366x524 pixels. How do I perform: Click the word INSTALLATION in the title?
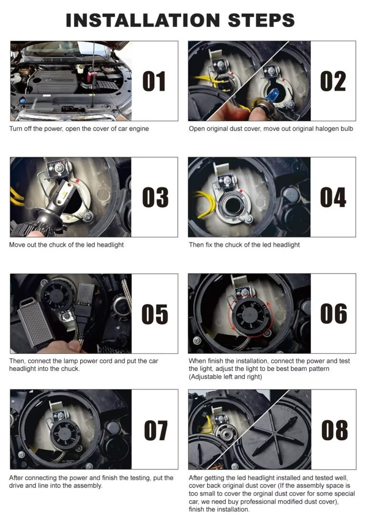(142, 21)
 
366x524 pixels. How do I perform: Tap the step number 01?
(154, 81)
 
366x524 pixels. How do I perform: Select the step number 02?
(333, 81)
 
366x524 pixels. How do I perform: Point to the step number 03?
(155, 197)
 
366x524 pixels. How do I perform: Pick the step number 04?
(333, 197)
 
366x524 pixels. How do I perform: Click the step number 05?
(155, 314)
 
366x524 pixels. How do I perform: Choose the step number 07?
(155, 430)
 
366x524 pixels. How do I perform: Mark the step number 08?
(334, 430)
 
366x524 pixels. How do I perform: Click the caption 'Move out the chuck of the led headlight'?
(66, 245)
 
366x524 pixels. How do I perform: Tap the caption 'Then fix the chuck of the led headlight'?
(244, 245)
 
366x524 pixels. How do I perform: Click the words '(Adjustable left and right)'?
(225, 377)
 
